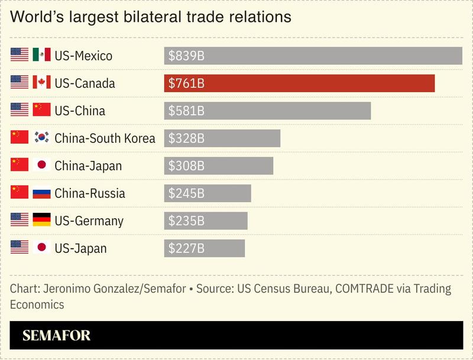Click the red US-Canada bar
299,83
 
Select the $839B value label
186,56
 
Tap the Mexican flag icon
41,55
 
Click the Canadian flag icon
41,83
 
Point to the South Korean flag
41,138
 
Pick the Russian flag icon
41,193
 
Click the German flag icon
41,220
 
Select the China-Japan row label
88,166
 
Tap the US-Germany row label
89,220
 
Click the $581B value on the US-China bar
186,111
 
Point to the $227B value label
186,248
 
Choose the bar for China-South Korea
222,138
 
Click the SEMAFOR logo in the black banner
57,336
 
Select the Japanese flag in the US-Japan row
41,248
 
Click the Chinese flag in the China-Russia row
20,193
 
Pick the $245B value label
186,193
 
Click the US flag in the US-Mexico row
20,55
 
